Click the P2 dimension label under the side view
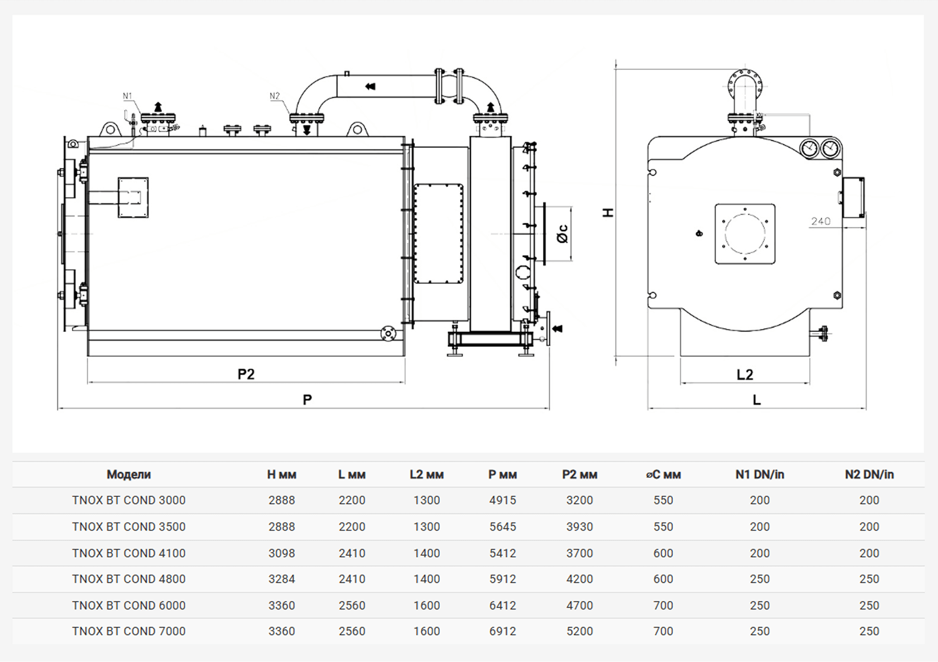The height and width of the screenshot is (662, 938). [x=246, y=374]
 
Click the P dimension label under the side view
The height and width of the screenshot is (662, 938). [x=307, y=399]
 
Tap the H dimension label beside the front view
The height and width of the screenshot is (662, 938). [x=608, y=213]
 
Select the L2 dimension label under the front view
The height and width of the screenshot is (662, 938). [x=745, y=374]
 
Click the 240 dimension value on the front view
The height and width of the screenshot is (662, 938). [x=820, y=221]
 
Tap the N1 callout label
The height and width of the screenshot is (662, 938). [x=128, y=96]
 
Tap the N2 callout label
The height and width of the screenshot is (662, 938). [x=275, y=96]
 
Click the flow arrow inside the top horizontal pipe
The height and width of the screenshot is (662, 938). [x=371, y=86]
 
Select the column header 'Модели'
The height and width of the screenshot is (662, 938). [x=129, y=474]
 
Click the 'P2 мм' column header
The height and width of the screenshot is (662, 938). [x=579, y=474]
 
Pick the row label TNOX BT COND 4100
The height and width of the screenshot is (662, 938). [x=129, y=553]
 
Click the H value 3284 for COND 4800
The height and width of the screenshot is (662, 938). [x=281, y=579]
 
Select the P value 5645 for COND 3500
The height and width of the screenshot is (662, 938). [x=502, y=527]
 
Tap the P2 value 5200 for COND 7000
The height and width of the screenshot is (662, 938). [x=579, y=631]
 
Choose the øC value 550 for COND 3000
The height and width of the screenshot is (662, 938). [x=663, y=500]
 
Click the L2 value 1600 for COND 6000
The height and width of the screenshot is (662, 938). [x=426, y=605]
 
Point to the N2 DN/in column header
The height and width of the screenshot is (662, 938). [x=869, y=474]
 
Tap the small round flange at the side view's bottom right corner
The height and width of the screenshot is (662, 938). [x=387, y=333]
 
